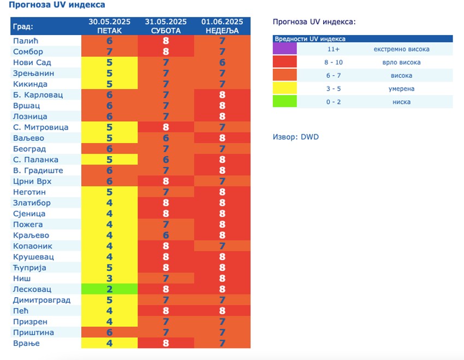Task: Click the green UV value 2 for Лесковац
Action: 109,290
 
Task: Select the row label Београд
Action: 29,149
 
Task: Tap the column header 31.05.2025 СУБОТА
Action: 166,26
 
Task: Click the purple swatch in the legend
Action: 284,49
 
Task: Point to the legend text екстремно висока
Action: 401,49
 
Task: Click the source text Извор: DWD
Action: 295,137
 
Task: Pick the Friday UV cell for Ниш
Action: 109,279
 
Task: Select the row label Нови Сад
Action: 32,62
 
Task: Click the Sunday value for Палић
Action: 222,41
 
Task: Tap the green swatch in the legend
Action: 284,102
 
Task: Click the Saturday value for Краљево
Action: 166,235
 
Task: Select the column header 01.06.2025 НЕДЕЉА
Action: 222,26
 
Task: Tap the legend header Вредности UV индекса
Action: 310,39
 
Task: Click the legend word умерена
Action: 401,88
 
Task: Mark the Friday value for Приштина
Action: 109,333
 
